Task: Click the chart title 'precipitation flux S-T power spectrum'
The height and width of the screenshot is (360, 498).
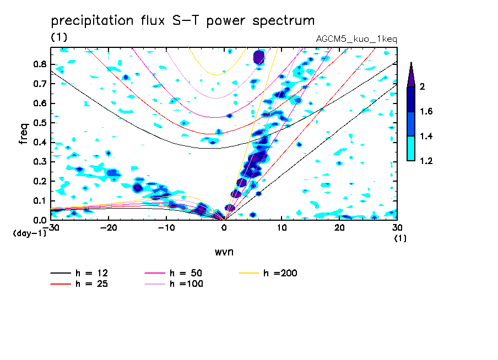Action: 182,21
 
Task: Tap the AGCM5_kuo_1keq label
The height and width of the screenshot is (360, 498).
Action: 356,39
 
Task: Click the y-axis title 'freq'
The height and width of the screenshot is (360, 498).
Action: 23,133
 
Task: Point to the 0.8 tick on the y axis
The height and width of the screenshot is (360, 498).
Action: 40,64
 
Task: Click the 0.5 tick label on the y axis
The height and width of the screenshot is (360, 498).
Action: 40,123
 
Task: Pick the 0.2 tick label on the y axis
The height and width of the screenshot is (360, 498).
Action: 40,181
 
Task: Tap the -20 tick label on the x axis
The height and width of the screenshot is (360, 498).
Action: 109,227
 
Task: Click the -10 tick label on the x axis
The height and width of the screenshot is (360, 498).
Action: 166,227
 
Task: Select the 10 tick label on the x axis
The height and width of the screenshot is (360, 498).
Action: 282,227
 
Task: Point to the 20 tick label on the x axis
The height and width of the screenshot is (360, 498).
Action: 339,227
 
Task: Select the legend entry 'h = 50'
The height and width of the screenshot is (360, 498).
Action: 187,273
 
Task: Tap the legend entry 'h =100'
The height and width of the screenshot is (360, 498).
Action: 187,284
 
